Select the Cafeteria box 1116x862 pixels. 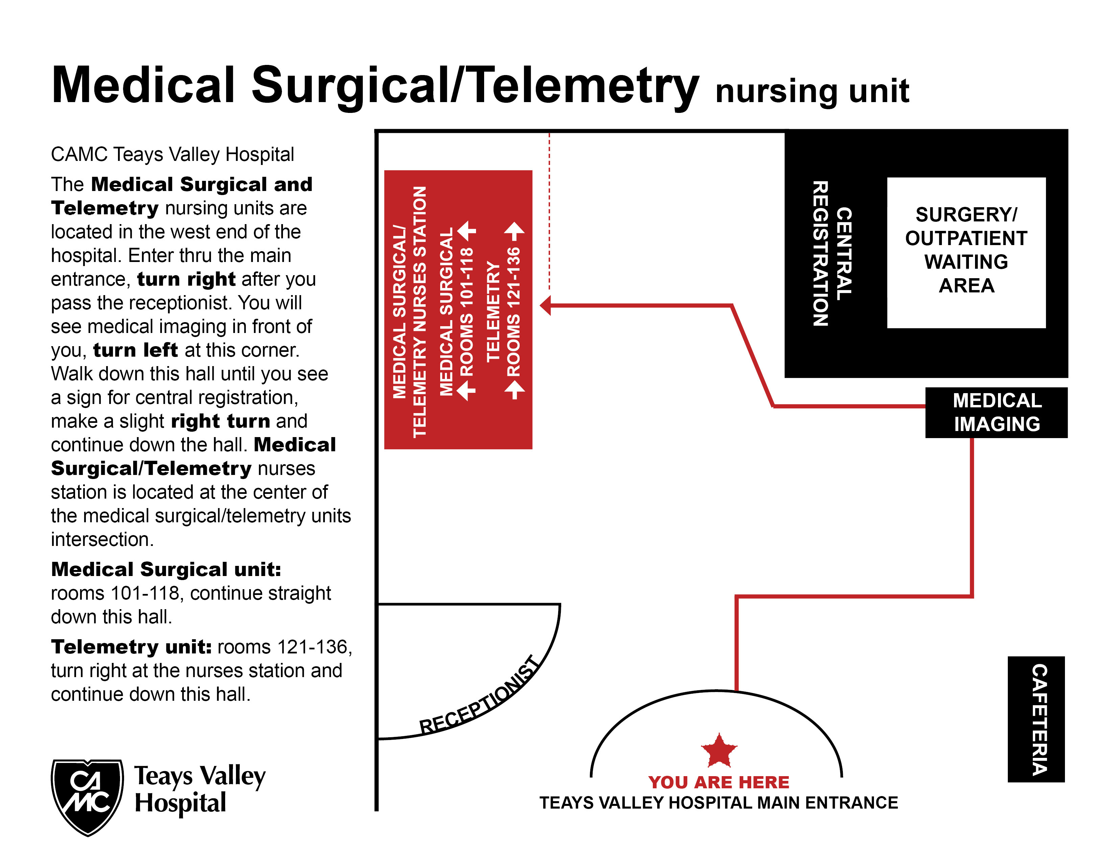[x=1036, y=719]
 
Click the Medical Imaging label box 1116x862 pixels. [x=996, y=412]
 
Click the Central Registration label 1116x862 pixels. [x=832, y=253]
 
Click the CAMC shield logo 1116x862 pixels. [x=87, y=796]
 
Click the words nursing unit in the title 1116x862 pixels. [x=812, y=91]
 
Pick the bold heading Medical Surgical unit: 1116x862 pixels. [x=166, y=569]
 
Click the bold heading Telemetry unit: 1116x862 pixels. [x=131, y=647]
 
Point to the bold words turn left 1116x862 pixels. [x=136, y=350]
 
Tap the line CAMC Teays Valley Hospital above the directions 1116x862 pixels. [x=172, y=154]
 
